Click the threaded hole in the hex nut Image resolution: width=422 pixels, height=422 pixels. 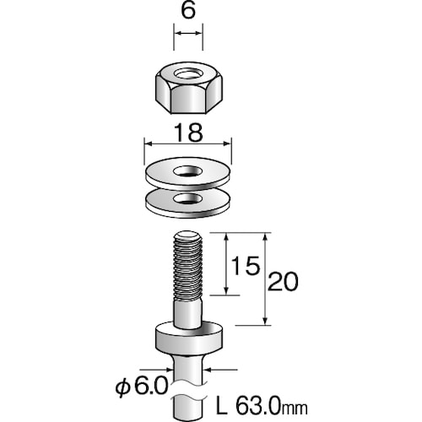[x=187, y=73]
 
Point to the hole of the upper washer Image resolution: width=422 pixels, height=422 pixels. [x=188, y=171]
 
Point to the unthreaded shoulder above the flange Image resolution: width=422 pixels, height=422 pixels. [x=187, y=312]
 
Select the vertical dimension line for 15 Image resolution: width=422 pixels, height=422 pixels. [x=226, y=266]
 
